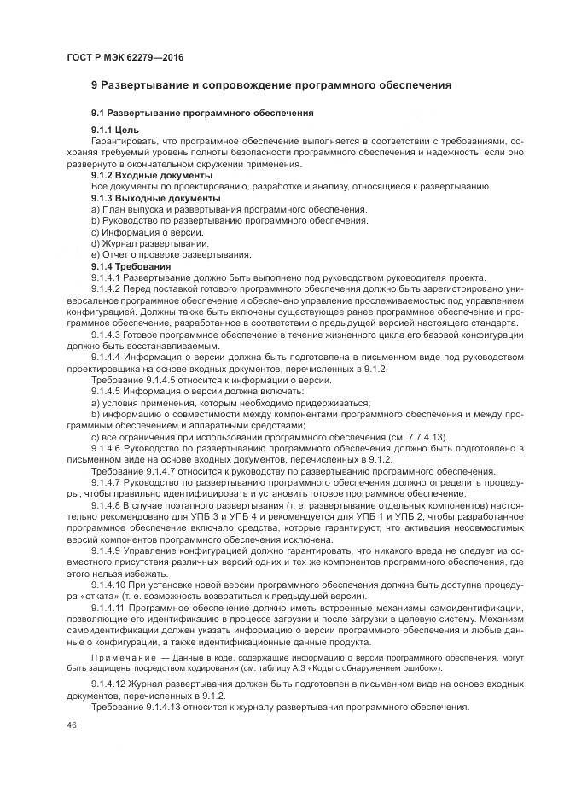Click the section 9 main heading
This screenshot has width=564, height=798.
[x=271, y=85]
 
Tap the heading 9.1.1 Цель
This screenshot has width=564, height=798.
[x=116, y=129]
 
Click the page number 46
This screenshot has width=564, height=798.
[x=71, y=724]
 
